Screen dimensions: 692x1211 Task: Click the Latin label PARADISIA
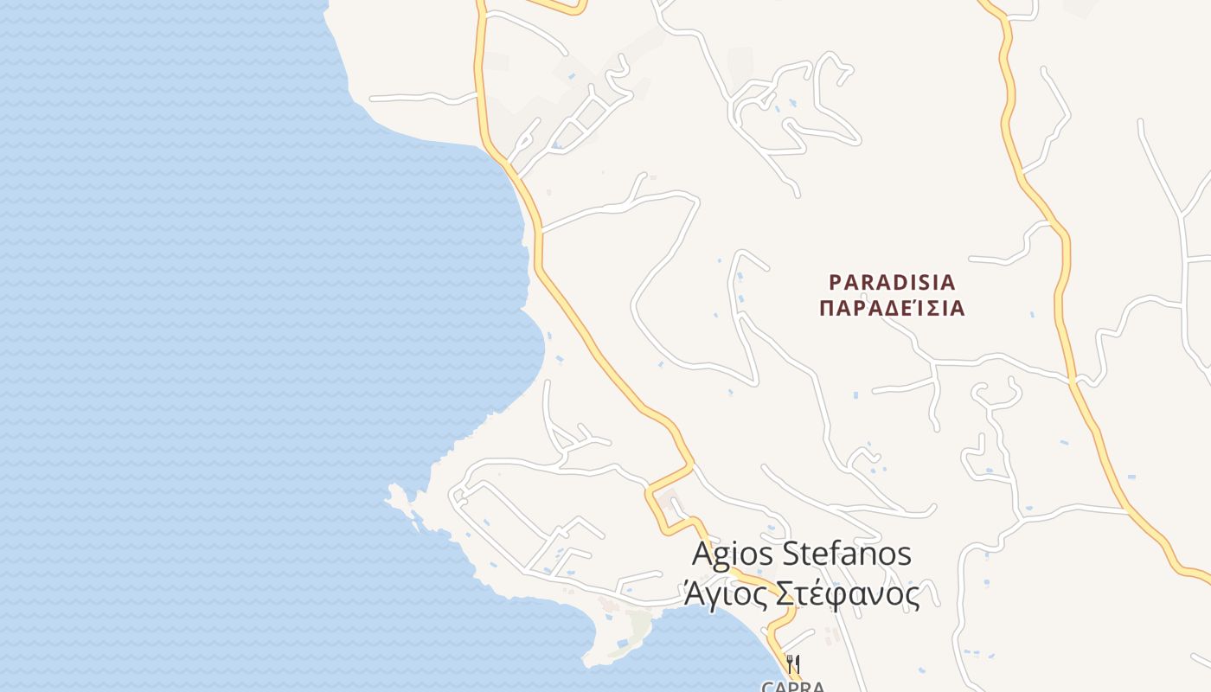(892, 282)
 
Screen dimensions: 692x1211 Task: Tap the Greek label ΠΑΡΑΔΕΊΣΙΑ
(891, 308)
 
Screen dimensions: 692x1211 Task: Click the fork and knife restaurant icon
(793, 664)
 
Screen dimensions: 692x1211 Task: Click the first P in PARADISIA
(835, 282)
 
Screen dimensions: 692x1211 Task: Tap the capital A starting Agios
(702, 554)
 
